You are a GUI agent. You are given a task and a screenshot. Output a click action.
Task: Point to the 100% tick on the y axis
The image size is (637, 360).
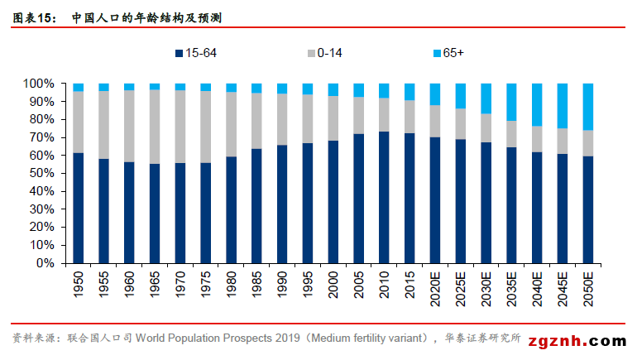click(x=38, y=84)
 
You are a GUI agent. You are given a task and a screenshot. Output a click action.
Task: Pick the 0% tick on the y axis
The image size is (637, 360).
click(x=45, y=263)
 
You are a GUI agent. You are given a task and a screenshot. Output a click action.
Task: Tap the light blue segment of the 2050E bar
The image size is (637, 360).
click(x=588, y=107)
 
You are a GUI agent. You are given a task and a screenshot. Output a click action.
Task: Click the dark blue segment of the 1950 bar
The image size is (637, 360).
click(x=79, y=208)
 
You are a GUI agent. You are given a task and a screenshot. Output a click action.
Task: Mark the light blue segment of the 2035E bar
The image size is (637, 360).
click(x=511, y=102)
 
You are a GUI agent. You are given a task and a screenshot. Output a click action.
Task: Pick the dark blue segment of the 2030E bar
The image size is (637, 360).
click(x=486, y=203)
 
